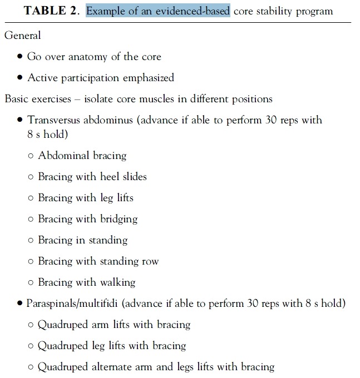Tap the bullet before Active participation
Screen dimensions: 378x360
(20, 78)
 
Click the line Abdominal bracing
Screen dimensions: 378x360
(82, 156)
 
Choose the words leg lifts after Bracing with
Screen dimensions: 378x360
(116, 198)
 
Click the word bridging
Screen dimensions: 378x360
(119, 219)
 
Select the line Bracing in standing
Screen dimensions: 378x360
(82, 241)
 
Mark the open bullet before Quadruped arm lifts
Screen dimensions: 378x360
(31, 325)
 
